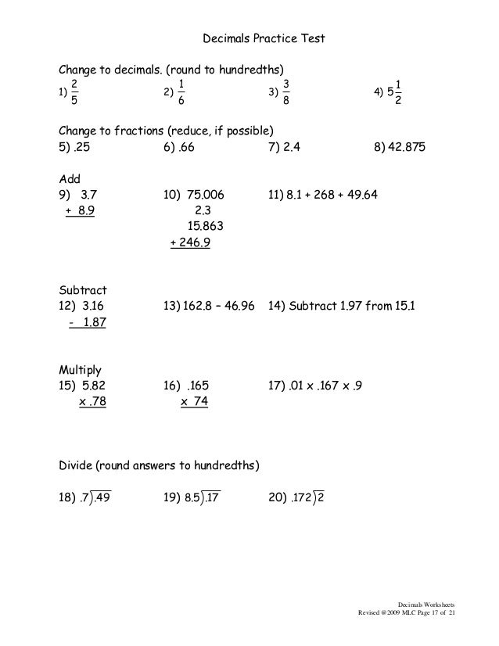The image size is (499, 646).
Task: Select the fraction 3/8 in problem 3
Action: click(x=286, y=92)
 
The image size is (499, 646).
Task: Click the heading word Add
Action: click(x=70, y=178)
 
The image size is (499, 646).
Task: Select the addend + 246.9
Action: click(x=190, y=244)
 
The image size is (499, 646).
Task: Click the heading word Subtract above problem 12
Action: click(x=82, y=289)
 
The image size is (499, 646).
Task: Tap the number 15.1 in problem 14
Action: click(x=402, y=305)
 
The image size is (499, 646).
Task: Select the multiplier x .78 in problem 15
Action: click(x=92, y=401)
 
